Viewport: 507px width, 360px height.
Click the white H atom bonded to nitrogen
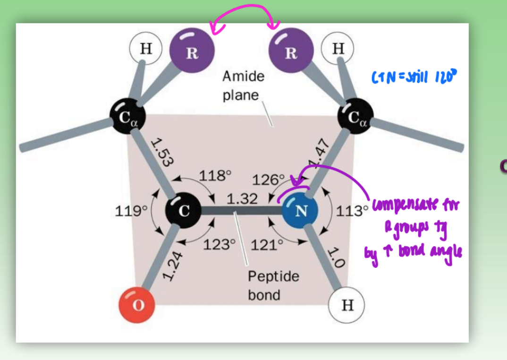tap(347, 305)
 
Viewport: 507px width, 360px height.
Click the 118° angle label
tap(215, 176)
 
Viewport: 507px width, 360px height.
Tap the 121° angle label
tap(267, 245)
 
